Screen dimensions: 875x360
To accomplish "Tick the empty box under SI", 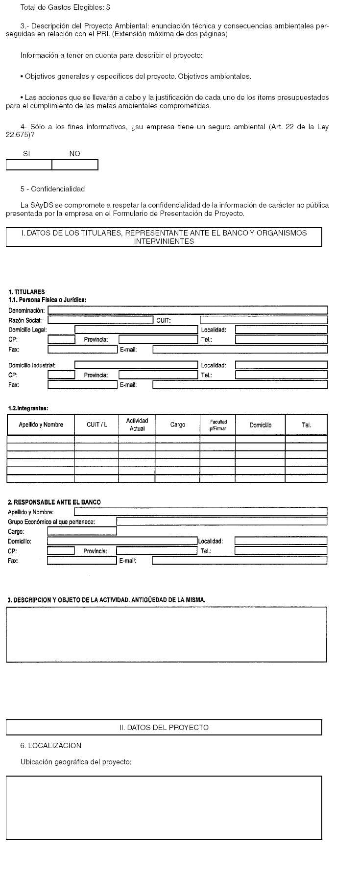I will (29, 165).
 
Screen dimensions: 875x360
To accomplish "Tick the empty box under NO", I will (75, 165).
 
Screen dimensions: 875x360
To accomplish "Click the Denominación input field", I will (188, 310).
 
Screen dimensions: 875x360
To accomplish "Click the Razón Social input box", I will (100, 320).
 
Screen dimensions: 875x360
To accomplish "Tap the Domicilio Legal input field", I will (136, 330).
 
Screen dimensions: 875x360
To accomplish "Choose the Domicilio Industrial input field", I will (136, 365).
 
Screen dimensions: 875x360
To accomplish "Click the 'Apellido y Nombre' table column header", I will (41, 425).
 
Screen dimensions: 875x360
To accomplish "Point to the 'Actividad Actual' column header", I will (137, 425).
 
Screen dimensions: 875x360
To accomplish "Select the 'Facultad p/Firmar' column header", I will (218, 425).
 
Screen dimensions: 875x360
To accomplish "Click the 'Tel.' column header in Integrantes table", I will (306, 425).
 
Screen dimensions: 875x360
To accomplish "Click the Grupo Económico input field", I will (221, 521).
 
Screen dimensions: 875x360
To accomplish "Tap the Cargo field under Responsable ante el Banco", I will (82, 531).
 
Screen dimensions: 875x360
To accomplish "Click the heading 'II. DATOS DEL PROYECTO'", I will (164, 727).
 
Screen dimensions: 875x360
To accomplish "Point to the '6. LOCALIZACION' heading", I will (51, 745).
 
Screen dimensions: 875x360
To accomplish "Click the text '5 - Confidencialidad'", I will (52, 189).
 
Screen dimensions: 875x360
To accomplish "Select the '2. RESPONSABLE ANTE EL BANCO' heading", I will (54, 502).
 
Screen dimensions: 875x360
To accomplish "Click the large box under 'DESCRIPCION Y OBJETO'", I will (166, 635).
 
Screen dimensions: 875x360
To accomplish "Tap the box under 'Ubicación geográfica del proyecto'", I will (164, 807).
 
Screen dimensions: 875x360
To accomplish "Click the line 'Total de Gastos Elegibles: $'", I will (65, 7).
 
